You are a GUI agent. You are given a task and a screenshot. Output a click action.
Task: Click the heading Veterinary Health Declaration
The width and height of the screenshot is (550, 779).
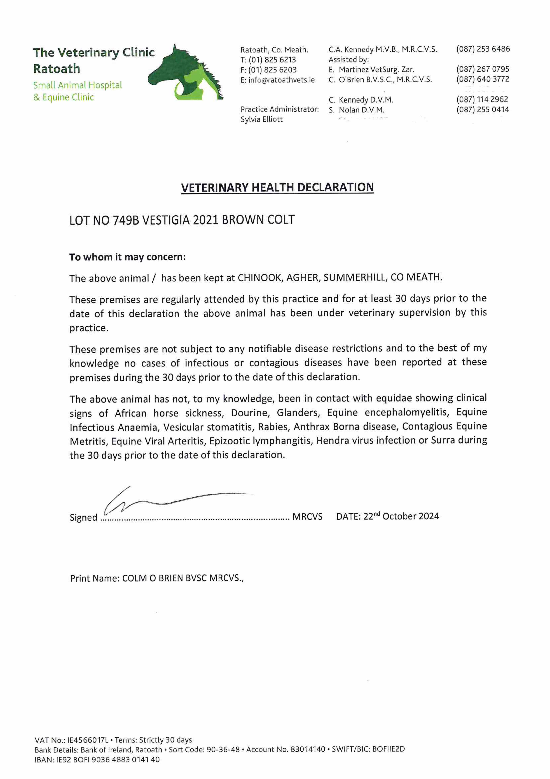[277, 187]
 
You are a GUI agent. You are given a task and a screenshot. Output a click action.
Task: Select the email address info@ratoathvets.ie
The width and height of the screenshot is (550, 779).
[281, 80]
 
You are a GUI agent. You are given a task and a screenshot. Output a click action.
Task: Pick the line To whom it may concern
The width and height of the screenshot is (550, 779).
[127, 257]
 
